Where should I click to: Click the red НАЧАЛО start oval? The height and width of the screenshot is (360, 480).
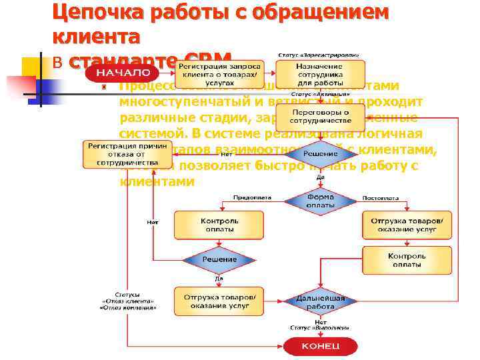126,73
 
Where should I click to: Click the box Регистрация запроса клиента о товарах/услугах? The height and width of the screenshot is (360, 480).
219,73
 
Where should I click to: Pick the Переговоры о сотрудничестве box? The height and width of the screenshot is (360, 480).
321,117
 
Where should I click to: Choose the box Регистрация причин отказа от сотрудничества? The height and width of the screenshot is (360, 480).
121,154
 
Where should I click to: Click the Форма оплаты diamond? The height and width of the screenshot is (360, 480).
321,201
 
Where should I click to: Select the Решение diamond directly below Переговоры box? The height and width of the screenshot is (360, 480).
320,154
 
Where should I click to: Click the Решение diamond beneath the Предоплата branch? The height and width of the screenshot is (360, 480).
219,259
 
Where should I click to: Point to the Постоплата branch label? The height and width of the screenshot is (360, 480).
381,197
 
